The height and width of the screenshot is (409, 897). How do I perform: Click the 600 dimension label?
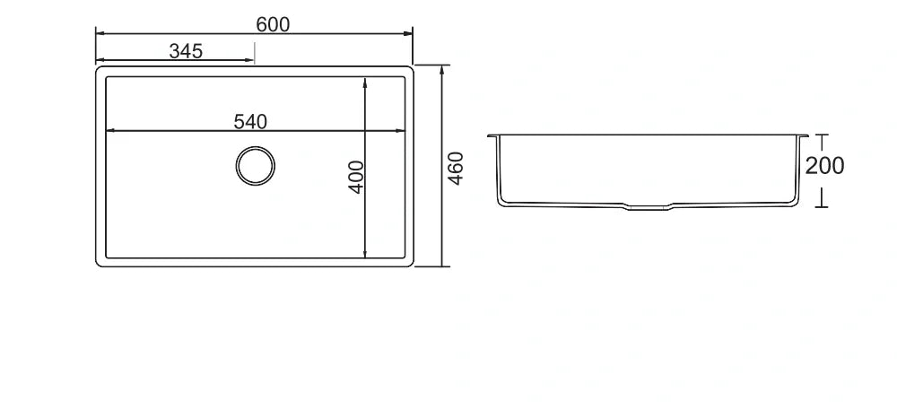coord(273,24)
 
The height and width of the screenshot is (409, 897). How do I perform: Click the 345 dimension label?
coord(186,51)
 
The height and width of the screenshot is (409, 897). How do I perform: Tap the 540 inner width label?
coord(250,122)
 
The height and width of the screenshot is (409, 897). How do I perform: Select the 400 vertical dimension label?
coord(356,177)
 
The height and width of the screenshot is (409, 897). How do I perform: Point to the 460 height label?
coord(456,169)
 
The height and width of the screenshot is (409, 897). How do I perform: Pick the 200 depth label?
coord(824,166)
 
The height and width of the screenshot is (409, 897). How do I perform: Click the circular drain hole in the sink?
coord(255,167)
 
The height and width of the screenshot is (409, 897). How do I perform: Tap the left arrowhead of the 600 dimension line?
coord(100,34)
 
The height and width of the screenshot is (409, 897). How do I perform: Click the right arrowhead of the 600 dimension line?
coord(408,34)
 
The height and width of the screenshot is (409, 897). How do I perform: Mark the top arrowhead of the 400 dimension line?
coord(365,82)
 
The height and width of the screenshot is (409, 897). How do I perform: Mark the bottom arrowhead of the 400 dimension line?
coord(365,254)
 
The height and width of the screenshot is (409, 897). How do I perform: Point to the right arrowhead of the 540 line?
coord(400,132)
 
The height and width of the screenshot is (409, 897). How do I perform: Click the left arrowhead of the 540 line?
coord(110,132)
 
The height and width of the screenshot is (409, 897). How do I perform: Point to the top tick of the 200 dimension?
coord(820,135)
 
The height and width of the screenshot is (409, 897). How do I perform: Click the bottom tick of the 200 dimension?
coord(820,206)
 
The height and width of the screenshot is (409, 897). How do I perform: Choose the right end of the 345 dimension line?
coord(254,60)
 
